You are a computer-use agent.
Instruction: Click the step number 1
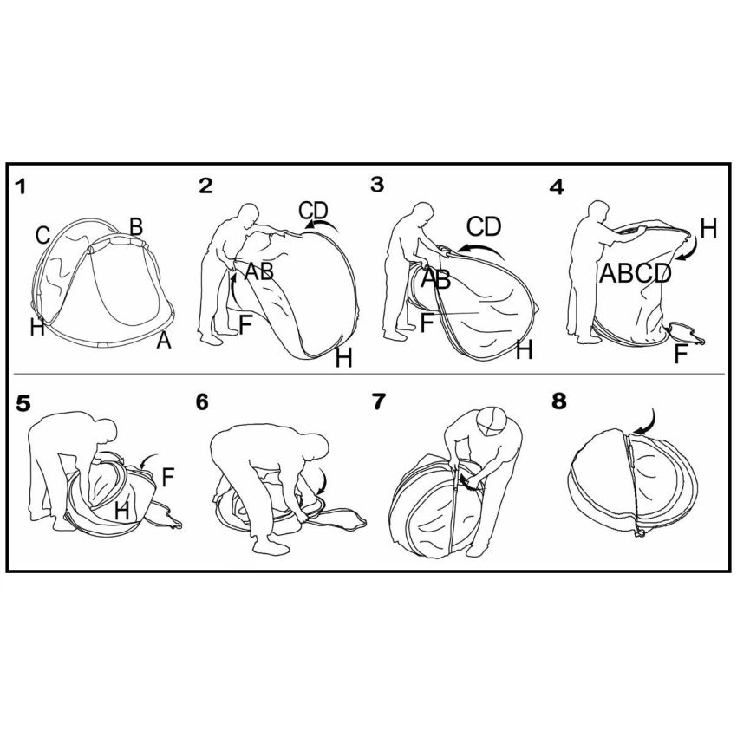click(20, 187)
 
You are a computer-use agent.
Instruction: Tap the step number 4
click(556, 187)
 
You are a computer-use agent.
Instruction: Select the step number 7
click(378, 401)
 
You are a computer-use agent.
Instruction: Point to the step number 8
click(559, 401)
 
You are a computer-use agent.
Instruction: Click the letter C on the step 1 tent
click(42, 236)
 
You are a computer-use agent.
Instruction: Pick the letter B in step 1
click(136, 226)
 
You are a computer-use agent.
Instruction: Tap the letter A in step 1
click(164, 339)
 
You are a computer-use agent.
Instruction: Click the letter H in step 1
click(37, 327)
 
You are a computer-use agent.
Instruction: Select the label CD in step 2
click(314, 210)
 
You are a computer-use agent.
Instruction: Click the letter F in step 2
click(246, 324)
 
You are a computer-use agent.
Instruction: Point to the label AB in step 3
click(435, 278)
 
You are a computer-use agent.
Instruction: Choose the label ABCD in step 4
click(635, 273)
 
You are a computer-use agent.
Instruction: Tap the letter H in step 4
click(708, 229)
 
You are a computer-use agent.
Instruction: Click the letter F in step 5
click(168, 478)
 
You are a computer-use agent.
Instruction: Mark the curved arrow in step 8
click(645, 421)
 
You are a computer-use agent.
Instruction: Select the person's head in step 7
click(491, 421)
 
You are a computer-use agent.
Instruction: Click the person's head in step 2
click(249, 215)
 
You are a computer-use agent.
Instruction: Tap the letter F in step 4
click(681, 354)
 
